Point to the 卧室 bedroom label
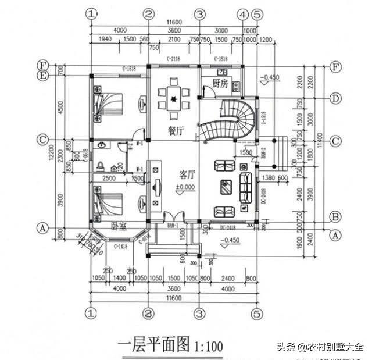click(119, 226)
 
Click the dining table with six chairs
click(173, 98)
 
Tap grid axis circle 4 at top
click(243, 13)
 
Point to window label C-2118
click(174, 60)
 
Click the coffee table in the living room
click(226, 188)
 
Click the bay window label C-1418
click(120, 247)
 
